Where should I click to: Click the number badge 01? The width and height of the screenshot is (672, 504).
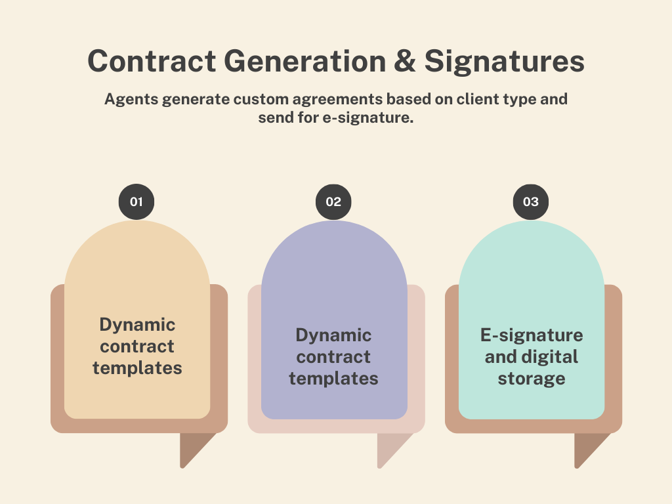click(x=136, y=201)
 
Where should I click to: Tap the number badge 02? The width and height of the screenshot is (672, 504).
click(x=333, y=201)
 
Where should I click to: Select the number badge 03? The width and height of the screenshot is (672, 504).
click(x=530, y=201)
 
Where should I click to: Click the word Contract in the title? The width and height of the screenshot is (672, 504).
click(x=152, y=62)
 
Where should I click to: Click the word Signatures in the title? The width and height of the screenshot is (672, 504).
click(x=504, y=62)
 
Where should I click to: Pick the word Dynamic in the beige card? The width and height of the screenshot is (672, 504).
click(x=137, y=324)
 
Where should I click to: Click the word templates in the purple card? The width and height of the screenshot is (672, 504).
click(x=333, y=378)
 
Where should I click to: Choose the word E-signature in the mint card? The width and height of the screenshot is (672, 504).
click(x=532, y=335)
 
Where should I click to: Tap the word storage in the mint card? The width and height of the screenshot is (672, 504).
click(x=532, y=378)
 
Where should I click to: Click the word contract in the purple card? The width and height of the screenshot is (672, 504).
click(x=333, y=356)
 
